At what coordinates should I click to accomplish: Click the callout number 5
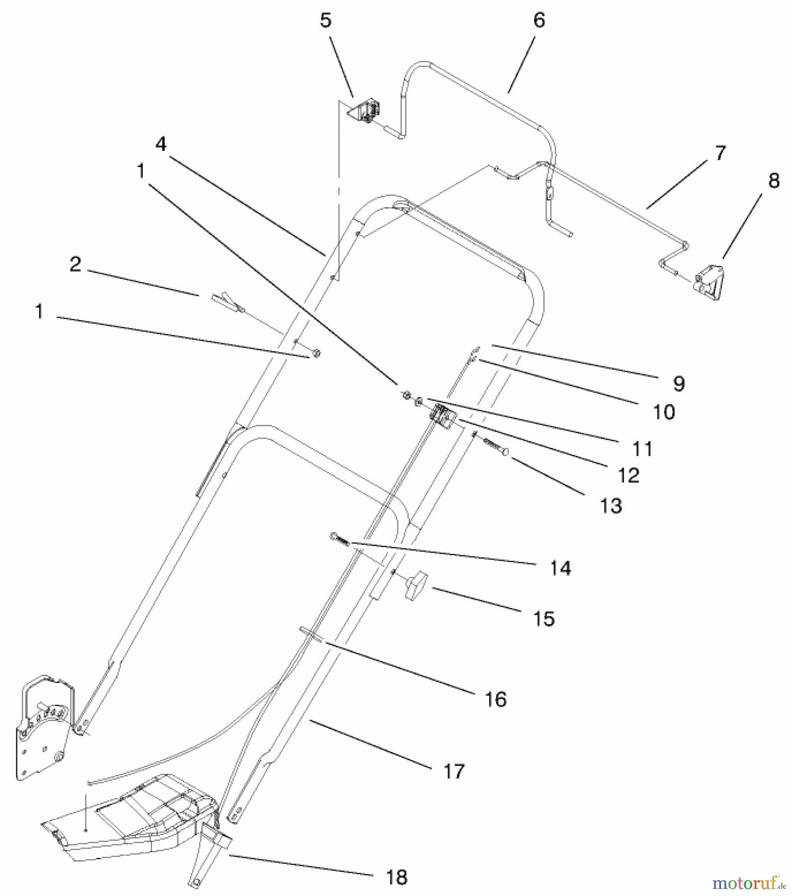point(326,21)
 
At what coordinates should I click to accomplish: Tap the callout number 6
point(539,20)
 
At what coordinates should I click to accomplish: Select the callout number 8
point(774,181)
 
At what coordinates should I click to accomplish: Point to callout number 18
point(396,877)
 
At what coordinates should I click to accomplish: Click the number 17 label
point(453,772)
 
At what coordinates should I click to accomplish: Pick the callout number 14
point(561,568)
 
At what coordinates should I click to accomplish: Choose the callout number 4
point(160,144)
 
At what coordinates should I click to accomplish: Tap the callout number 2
point(75,264)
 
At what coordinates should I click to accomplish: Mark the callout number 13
point(611,506)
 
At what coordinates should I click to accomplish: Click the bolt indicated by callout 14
point(340,539)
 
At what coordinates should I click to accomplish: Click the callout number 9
point(679,383)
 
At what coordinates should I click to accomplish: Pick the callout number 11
point(642,449)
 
